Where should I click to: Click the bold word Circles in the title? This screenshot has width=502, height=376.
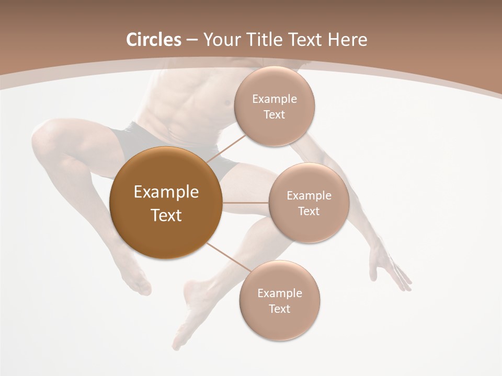click(153, 40)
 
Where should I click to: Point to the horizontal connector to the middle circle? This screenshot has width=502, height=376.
click(246, 203)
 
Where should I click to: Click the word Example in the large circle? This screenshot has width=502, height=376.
click(166, 192)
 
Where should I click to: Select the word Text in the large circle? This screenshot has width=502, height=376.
click(166, 215)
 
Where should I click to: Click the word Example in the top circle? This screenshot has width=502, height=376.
click(275, 99)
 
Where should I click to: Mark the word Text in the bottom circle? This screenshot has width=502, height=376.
click(279, 309)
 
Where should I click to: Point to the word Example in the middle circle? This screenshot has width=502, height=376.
click(309, 196)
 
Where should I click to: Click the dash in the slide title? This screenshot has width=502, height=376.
click(192, 40)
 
